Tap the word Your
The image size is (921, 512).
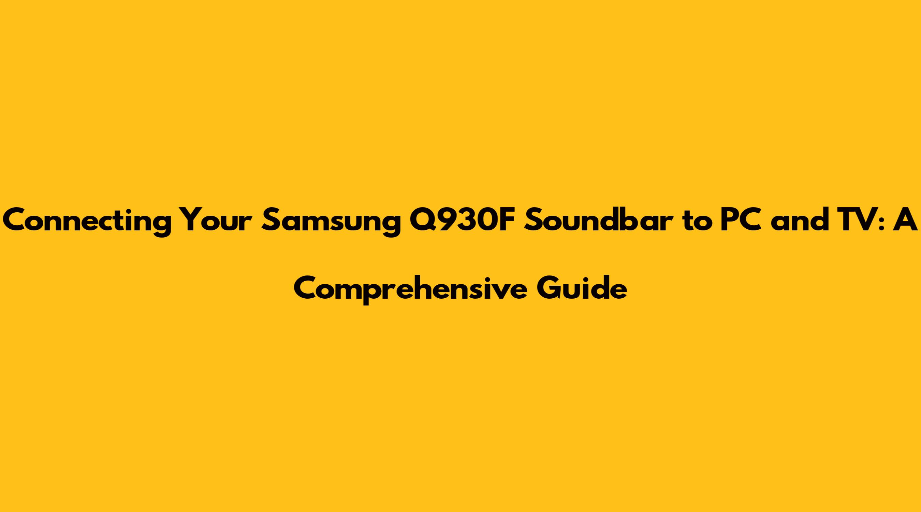(216, 221)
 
